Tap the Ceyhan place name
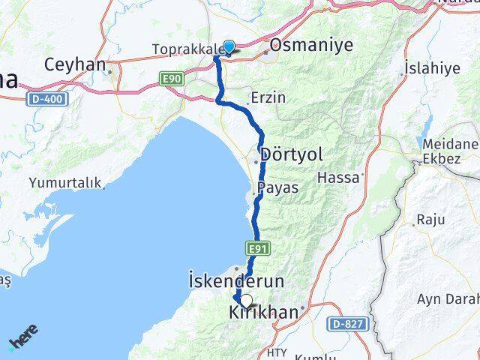tap(74, 64)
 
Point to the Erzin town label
tap(268, 97)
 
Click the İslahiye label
tap(432, 68)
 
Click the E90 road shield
tap(169, 77)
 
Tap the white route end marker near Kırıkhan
tap(246, 300)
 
